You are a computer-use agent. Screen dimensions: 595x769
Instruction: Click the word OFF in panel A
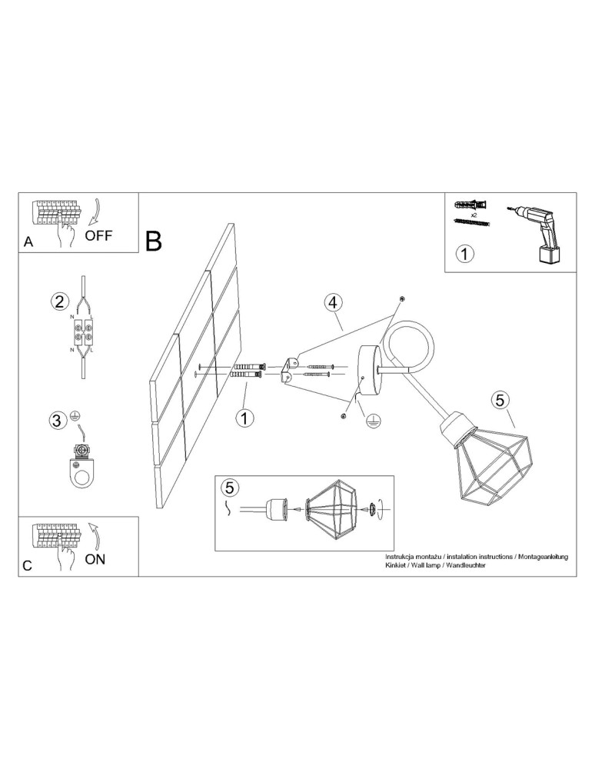(98, 235)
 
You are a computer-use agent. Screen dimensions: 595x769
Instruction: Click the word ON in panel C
(95, 558)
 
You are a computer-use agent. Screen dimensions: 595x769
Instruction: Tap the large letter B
(154, 241)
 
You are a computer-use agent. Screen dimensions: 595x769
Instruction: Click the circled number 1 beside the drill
(464, 255)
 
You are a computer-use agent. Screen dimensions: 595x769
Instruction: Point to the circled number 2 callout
(59, 301)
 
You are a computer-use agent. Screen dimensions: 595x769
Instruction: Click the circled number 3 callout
(58, 421)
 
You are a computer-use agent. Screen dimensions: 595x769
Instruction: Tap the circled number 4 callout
(333, 302)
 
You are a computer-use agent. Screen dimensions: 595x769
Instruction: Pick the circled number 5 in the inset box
(230, 488)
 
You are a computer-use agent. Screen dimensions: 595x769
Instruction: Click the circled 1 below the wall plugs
(244, 418)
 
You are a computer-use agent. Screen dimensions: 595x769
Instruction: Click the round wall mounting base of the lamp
(370, 371)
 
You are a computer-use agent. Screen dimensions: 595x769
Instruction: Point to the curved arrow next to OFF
(96, 212)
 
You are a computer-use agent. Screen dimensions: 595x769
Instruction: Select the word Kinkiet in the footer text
(394, 565)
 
